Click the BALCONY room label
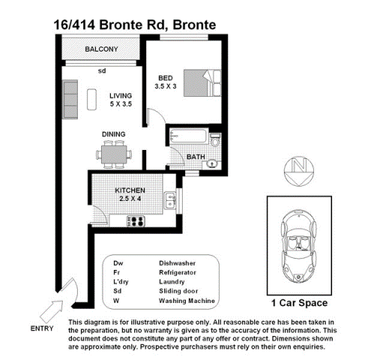tap(101, 49)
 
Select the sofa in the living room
tap(71, 95)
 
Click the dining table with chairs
tap(113, 155)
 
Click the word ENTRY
tap(41, 328)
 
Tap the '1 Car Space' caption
tap(298, 303)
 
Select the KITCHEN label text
tap(130, 190)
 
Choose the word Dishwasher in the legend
tap(177, 262)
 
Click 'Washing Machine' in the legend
tap(187, 300)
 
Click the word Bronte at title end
tap(194, 25)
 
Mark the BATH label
tap(196, 157)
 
